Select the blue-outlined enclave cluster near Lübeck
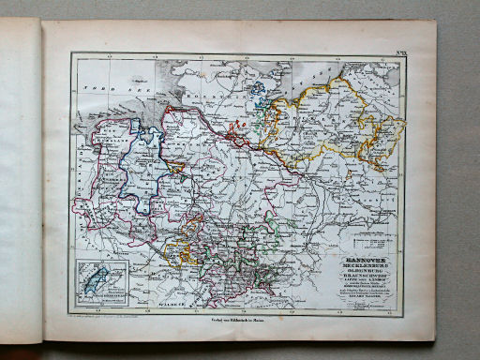(258, 94)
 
